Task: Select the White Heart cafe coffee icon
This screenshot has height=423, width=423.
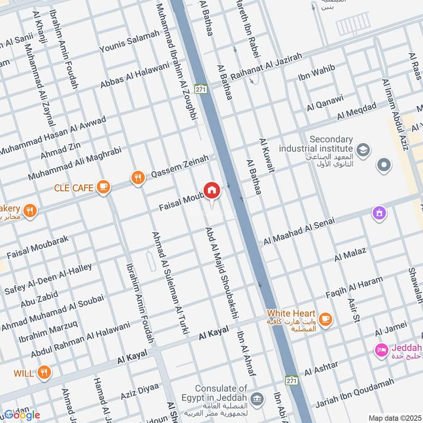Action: coord(325,318)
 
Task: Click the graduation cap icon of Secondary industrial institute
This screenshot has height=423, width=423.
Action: coord(363,150)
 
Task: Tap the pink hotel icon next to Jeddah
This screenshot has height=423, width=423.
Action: coord(381,350)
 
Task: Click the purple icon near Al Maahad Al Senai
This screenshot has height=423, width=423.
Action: coord(379,214)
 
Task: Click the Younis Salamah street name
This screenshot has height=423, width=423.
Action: coord(130,41)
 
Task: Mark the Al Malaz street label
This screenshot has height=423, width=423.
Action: coord(350,255)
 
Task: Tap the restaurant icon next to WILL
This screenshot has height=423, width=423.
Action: coord(44,373)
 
